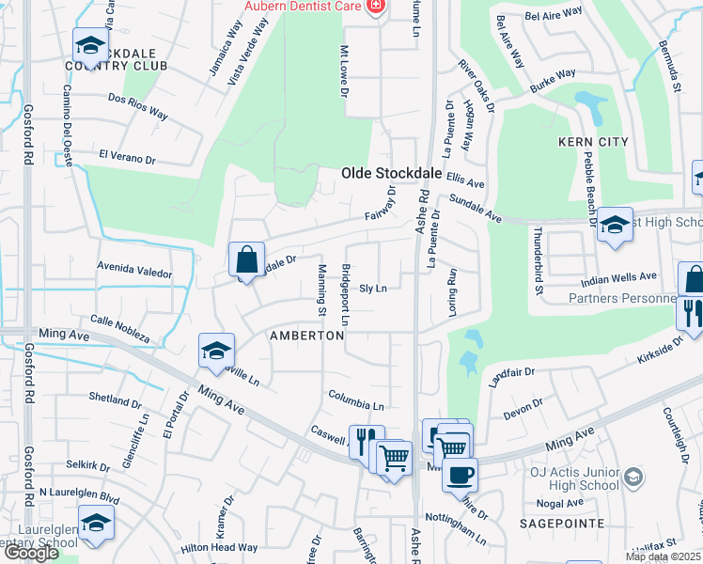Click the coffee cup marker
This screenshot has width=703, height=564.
tap(460, 475)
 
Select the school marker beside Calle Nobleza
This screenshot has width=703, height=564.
tap(216, 352)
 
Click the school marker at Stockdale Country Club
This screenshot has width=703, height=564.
tap(90, 45)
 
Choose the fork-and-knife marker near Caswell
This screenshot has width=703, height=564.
tap(366, 441)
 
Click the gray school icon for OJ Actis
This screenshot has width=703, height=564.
tap(633, 478)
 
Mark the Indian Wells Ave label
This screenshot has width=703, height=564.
tap(619, 276)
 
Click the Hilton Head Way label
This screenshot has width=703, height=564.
tap(219, 547)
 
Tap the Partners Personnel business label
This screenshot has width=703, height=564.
tap(621, 299)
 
